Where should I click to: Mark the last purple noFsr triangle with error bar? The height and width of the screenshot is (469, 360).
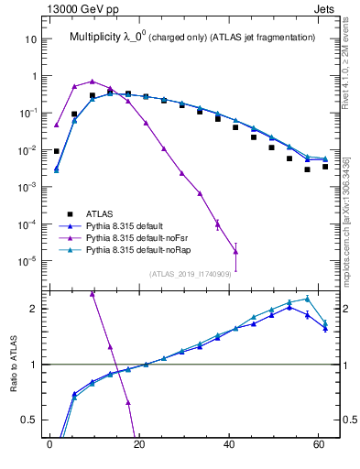coord(236,252)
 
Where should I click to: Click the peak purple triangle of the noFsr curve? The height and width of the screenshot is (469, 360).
coord(92,82)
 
